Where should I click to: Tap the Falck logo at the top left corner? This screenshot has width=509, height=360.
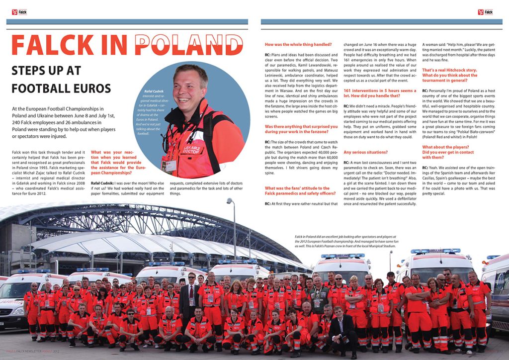click(x=19, y=11)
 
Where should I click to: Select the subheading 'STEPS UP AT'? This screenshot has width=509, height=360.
click(x=46, y=70)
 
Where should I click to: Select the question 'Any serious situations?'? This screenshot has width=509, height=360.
click(x=365, y=152)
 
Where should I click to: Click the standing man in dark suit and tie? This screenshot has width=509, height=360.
click(x=190, y=298)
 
